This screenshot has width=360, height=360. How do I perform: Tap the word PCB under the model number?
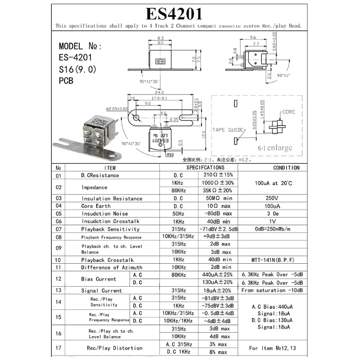pos(66,81)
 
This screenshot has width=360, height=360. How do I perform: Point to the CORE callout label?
pos(288,112)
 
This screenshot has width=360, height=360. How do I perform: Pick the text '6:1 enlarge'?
pos(274,148)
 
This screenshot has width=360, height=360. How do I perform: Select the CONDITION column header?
pos(286,168)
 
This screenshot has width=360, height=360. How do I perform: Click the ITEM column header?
pos(107,168)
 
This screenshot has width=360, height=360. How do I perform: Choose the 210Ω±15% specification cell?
pos(218,175)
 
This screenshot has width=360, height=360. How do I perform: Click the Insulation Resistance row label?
pos(112,198)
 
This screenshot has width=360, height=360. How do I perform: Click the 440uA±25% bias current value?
pos(218,275)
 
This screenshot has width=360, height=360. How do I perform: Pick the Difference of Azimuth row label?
pos(112,267)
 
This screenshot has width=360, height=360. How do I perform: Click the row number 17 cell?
pos(58,348)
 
